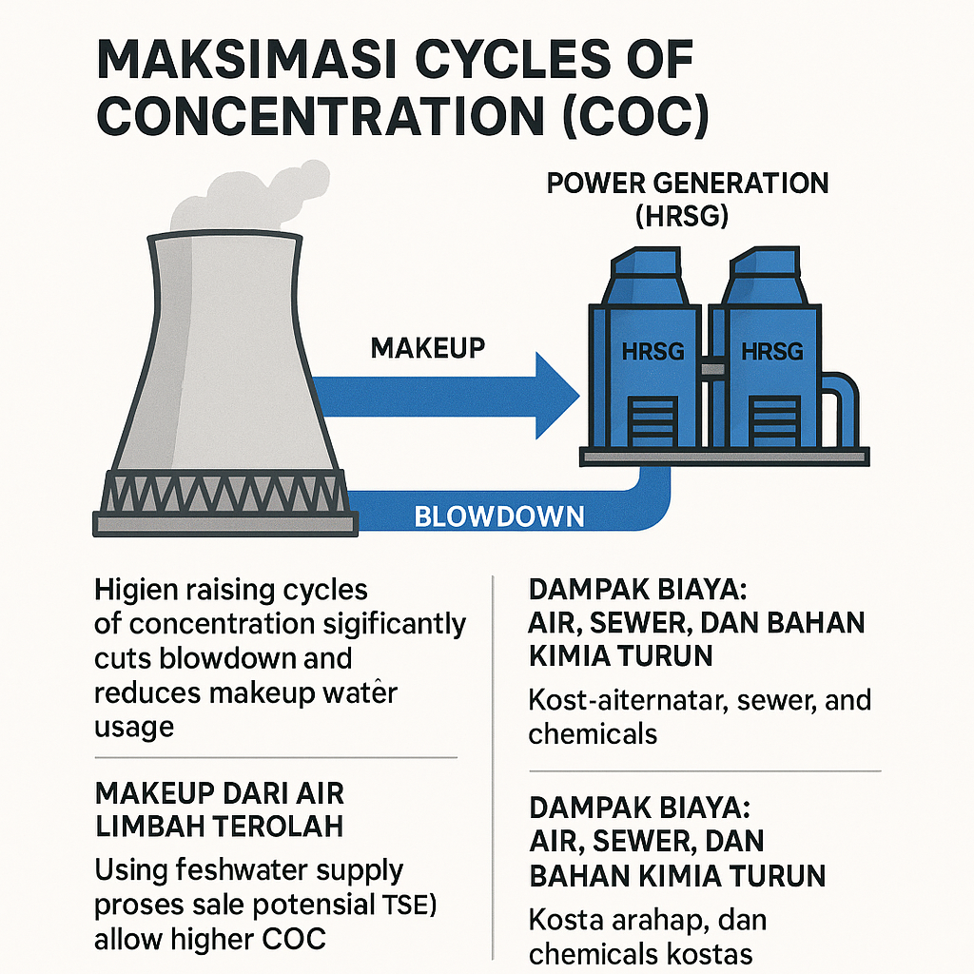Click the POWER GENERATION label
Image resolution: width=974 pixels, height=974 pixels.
[x=688, y=183]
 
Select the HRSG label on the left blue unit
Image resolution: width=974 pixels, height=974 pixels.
[x=652, y=351]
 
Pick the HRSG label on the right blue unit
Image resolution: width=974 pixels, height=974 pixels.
[x=771, y=351]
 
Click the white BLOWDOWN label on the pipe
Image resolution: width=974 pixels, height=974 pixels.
[x=498, y=516]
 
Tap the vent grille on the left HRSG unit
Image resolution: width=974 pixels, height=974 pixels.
[x=653, y=419]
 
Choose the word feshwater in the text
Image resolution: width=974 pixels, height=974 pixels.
[x=220, y=870]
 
